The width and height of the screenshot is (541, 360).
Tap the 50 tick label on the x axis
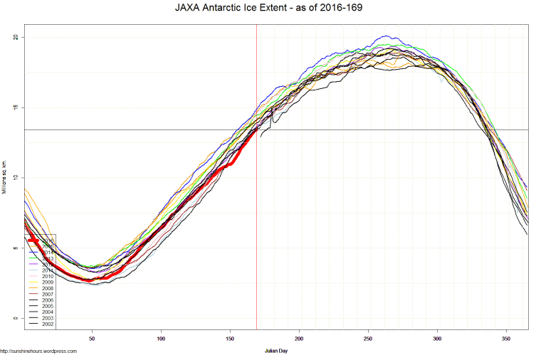click(x=92, y=339)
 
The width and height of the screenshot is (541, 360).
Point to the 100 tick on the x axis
click(x=161, y=339)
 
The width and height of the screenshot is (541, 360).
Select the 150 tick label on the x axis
click(x=230, y=339)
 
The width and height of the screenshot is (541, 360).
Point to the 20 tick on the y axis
click(x=15, y=37)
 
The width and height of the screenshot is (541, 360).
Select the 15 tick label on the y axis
click(x=15, y=107)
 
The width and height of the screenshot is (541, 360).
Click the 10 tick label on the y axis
click(x=15, y=178)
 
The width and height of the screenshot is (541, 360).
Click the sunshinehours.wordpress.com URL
click(x=38, y=351)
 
